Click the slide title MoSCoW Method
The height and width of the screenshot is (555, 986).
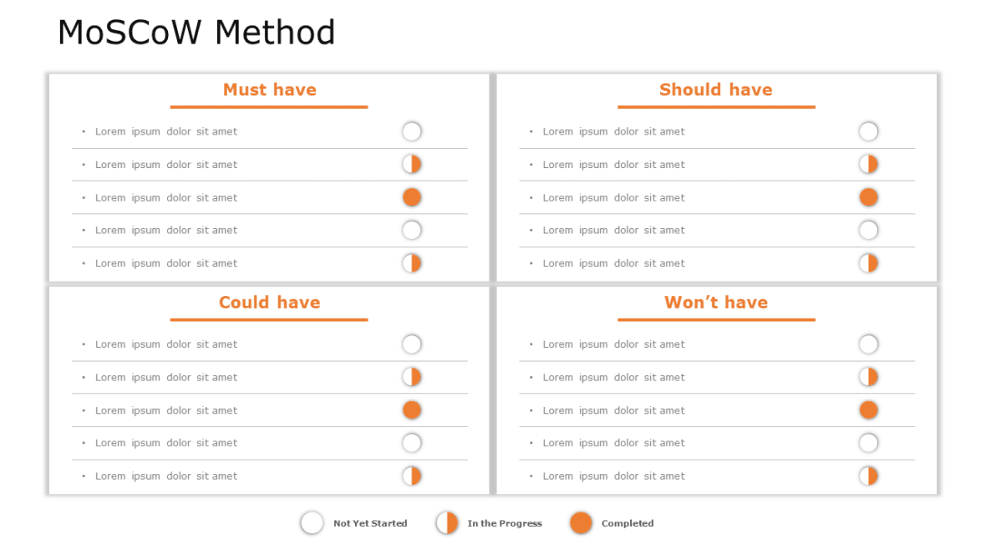coord(196,33)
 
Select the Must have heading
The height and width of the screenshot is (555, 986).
coord(269,89)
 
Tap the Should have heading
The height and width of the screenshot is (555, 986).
coord(715,89)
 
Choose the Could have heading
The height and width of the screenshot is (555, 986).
coord(269,303)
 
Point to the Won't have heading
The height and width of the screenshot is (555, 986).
coord(715,303)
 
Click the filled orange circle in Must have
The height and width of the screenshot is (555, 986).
coord(412,197)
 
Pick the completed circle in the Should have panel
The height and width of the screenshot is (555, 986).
coord(868,197)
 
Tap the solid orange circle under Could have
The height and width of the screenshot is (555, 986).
coord(412,410)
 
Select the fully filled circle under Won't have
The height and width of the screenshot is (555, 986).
coord(868,410)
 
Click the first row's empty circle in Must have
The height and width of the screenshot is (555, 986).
coord(412,131)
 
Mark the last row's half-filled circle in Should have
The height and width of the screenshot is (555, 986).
coord(868,263)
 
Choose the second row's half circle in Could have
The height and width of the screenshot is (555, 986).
coord(412,377)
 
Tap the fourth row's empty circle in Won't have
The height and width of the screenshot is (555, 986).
coord(868,443)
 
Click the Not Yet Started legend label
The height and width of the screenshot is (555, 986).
coord(370,523)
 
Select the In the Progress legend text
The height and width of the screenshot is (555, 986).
coord(505,523)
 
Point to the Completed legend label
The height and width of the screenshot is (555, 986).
coord(628,523)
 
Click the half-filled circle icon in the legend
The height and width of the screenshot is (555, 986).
coord(447,523)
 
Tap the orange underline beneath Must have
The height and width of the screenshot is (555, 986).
coord(269,107)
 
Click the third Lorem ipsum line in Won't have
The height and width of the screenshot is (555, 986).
coord(613,410)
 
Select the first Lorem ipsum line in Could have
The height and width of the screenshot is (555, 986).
coord(165,344)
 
